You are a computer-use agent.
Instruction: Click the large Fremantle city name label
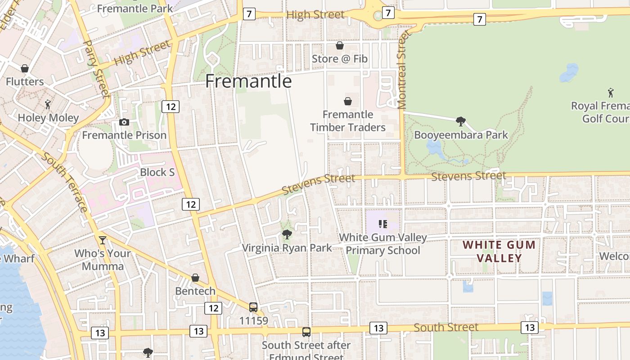[x=248, y=81]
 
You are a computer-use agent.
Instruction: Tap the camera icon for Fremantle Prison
[x=124, y=122]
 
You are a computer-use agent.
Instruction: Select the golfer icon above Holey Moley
[x=48, y=104]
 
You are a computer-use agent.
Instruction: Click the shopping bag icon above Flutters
[x=25, y=68]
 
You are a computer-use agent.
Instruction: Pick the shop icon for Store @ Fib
[x=340, y=45]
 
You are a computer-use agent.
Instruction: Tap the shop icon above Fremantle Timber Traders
[x=348, y=101]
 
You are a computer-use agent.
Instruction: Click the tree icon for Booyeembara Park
[x=460, y=121]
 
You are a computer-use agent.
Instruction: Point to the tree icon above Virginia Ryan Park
[x=287, y=234]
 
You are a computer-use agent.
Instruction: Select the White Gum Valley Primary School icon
[x=383, y=224]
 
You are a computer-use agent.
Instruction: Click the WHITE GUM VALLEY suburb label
[x=499, y=252]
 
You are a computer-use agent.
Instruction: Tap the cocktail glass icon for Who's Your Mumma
[x=103, y=240]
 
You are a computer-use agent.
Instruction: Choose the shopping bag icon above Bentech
[x=195, y=278]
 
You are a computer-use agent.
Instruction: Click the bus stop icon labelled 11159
[x=253, y=307]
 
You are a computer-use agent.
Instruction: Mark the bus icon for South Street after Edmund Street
[x=306, y=332]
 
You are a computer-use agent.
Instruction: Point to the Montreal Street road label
[x=402, y=70]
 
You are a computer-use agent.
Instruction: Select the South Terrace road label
[x=66, y=182]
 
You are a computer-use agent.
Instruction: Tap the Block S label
[x=157, y=172]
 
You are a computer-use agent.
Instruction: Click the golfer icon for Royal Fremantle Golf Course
[x=611, y=93]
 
